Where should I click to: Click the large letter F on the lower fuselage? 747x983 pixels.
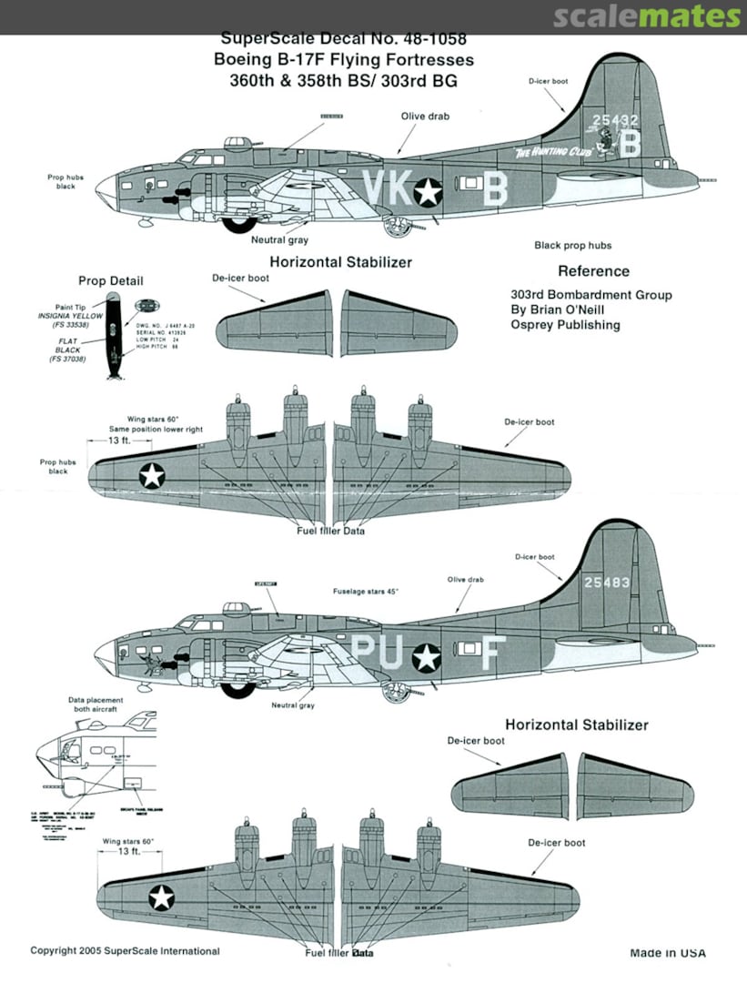pyautogui.click(x=491, y=652)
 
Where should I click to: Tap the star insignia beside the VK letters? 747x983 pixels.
pyautogui.click(x=428, y=191)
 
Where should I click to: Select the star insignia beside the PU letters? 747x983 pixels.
pyautogui.click(x=428, y=656)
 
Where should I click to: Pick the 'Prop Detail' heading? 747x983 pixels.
pyautogui.click(x=111, y=281)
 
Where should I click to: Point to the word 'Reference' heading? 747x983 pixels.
pyautogui.click(x=593, y=271)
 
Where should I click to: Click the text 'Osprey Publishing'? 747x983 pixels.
pyautogui.click(x=565, y=325)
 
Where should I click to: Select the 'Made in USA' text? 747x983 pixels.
pyautogui.click(x=667, y=953)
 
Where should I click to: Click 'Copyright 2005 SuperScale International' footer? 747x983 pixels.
pyautogui.click(x=125, y=951)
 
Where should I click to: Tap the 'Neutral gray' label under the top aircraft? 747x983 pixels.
pyautogui.click(x=279, y=240)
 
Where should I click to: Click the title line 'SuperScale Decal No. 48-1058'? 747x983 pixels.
pyautogui.click(x=345, y=40)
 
